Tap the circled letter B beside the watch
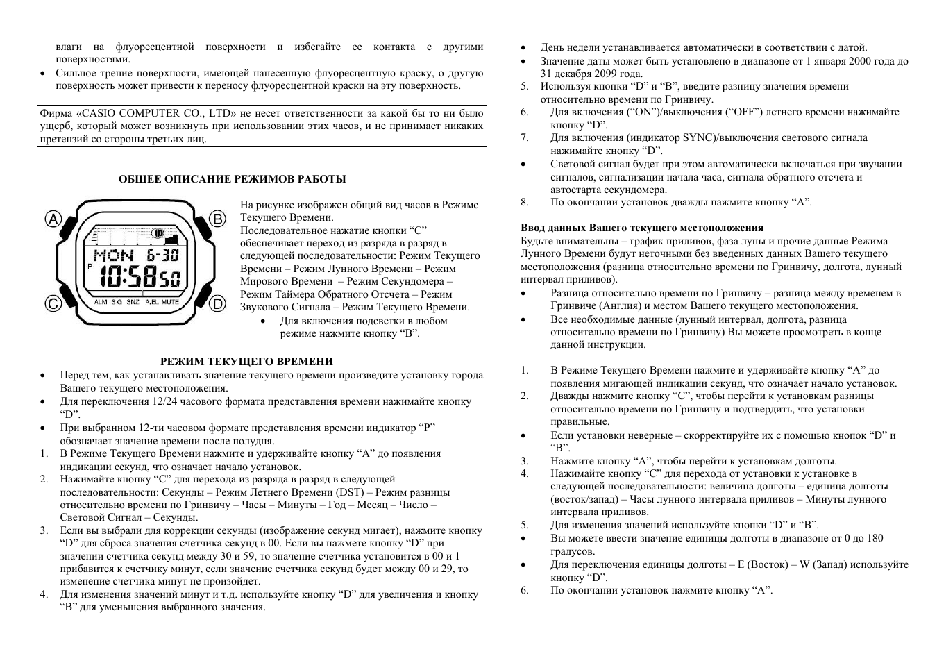coord(218,219)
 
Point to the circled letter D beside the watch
coord(218,303)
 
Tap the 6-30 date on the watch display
coord(162,255)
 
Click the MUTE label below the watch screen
coord(171,302)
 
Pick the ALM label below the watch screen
coord(101,302)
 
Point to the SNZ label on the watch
coord(133,302)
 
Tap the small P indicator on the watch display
coord(90,267)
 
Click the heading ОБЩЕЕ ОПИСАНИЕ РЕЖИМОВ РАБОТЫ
coord(233,179)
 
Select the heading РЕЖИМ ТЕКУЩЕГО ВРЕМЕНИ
coord(246,362)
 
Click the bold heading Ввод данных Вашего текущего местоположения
coord(642,228)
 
